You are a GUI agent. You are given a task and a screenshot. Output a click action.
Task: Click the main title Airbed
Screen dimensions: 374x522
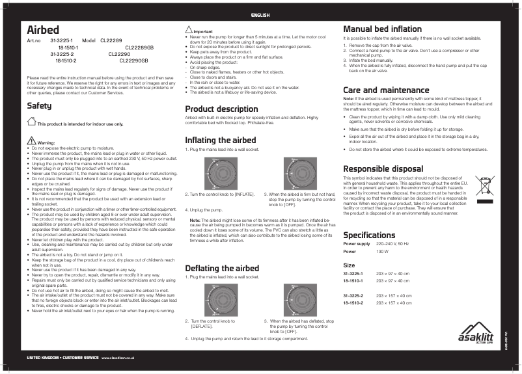click(43, 30)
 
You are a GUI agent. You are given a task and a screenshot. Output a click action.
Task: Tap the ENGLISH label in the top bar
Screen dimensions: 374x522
click(260, 14)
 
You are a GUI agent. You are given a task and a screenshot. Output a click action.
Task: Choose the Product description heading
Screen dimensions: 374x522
click(221, 109)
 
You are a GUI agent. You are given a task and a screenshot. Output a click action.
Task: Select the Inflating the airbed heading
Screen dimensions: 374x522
click(221, 140)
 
